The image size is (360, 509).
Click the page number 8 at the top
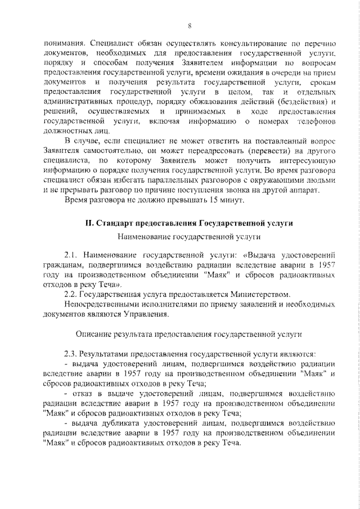(x=190, y=26)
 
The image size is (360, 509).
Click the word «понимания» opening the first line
(x=65, y=43)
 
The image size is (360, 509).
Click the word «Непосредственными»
(x=100, y=305)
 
